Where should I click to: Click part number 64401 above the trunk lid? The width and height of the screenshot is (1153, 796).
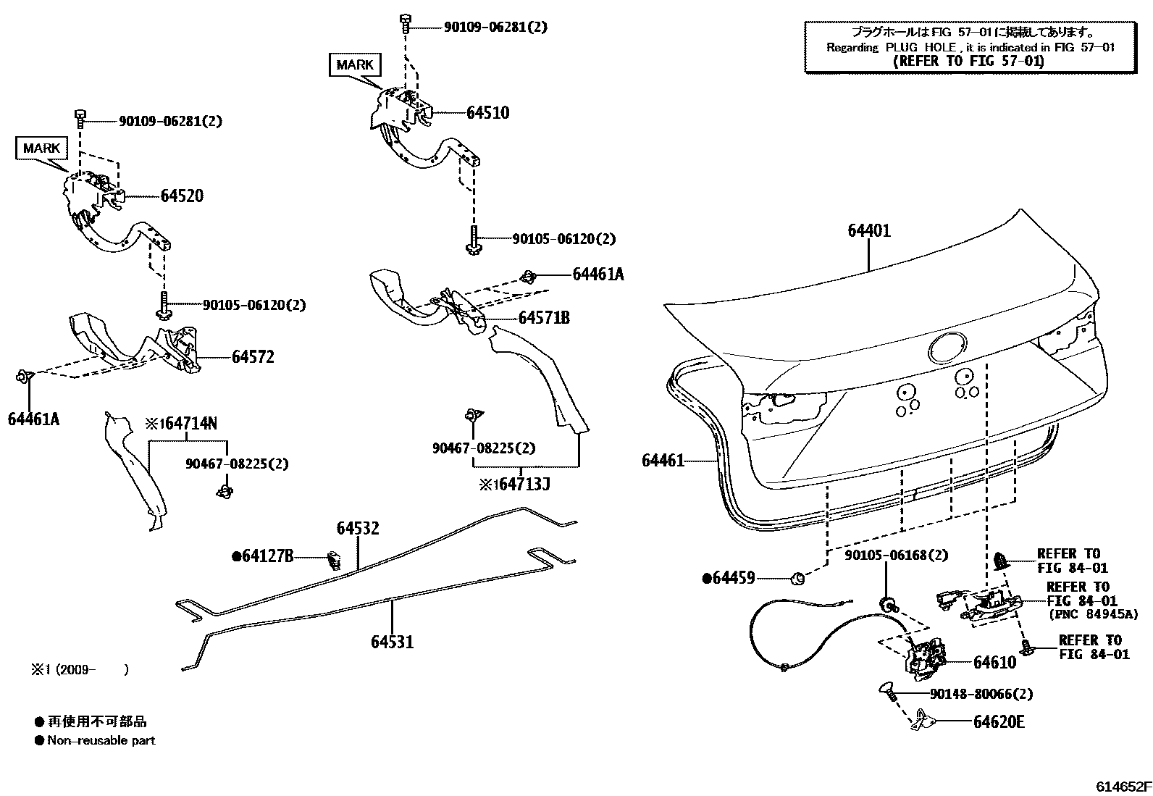pos(869,231)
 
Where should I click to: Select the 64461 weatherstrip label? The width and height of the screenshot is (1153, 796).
pos(662,460)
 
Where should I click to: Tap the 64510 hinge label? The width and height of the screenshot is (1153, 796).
pos(487,112)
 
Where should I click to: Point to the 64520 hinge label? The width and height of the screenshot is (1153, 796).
pos(182,196)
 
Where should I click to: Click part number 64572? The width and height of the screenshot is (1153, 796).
pos(253,357)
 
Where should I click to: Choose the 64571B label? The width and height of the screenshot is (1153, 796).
pos(543,317)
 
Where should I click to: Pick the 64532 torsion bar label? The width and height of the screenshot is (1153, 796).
pos(357,529)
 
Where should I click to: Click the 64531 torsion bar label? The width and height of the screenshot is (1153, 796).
pos(392,641)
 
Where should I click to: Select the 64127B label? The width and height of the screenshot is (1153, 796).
pos(267,556)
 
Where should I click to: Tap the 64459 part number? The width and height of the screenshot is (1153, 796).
pos(733,578)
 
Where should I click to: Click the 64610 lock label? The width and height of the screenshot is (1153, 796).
pos(994,662)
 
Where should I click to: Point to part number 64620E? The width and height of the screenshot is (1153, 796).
pos(999,722)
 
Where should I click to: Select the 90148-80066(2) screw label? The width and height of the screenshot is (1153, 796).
pos(981,694)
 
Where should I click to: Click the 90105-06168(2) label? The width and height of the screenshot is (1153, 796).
pos(897,555)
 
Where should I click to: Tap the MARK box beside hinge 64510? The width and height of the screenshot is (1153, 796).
pos(355,64)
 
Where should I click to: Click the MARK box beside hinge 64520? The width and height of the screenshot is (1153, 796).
pos(41,148)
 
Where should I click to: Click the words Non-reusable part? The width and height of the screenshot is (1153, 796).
pos(101,740)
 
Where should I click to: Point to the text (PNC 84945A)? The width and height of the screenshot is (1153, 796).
pos(1093,614)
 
